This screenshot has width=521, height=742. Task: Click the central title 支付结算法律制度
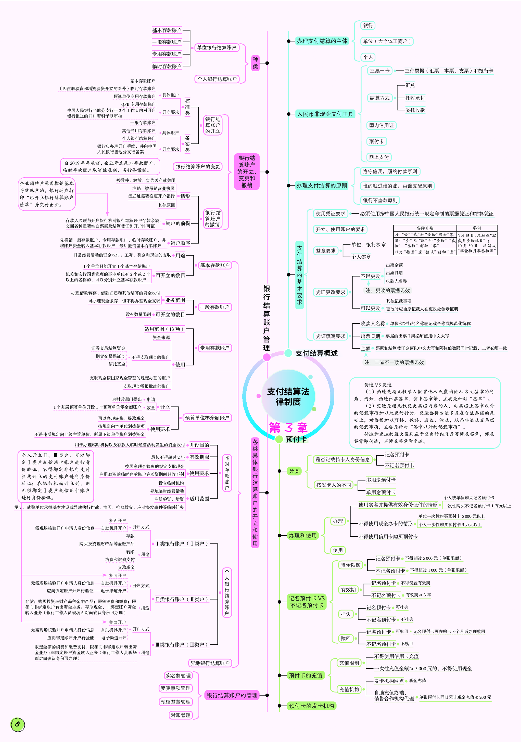coord(288,396)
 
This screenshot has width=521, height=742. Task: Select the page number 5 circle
coord(18,724)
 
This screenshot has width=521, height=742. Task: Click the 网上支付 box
coord(379,157)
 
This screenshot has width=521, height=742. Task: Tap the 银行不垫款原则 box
coord(380,200)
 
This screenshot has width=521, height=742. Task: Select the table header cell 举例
coord(476,228)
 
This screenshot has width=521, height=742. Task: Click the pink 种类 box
coord(255,63)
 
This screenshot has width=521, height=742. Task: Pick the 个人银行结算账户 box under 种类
coord(217,79)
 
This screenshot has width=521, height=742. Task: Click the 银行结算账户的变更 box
coord(198,166)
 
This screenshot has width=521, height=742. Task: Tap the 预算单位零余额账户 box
coord(207,418)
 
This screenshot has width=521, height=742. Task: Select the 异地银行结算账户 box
coord(210,663)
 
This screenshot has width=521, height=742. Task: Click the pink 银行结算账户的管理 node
coord(232,695)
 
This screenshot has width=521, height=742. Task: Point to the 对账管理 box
coord(181,715)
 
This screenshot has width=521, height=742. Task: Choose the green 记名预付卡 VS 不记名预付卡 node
coord(307,602)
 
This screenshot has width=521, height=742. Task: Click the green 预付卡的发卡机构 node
coord(311,706)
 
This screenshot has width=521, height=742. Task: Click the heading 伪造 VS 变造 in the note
coord(377,385)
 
